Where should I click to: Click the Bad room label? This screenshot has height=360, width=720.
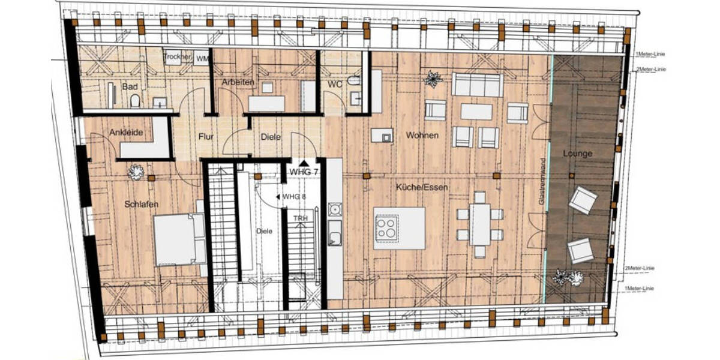[x=130, y=87]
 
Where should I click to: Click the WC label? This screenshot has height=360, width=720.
[x=335, y=84]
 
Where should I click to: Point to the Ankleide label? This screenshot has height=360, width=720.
[x=126, y=133]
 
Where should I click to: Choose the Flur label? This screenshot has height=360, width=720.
[x=206, y=137]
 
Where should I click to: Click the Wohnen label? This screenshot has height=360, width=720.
[x=422, y=136]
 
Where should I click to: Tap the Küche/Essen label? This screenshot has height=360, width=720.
[x=422, y=188]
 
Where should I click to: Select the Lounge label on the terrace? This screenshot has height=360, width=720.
[x=577, y=154]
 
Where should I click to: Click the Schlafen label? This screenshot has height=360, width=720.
[x=141, y=205]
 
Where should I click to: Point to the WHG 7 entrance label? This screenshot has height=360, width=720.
[x=304, y=172]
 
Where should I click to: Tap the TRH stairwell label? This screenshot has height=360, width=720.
[x=300, y=219]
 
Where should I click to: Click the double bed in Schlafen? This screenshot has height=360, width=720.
[x=179, y=239]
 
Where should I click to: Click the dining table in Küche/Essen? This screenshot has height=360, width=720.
[x=480, y=224]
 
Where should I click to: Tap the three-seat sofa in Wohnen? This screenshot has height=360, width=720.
[x=477, y=85]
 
